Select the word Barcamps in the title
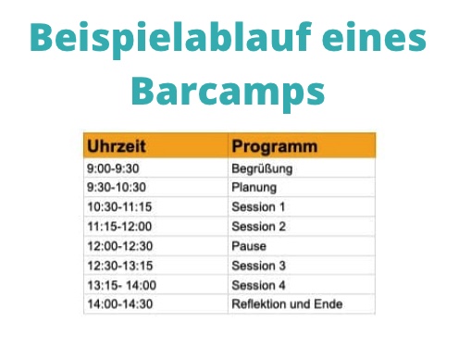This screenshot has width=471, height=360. [x=228, y=92]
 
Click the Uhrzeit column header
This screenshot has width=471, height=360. [x=117, y=146]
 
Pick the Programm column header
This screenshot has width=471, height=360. [x=275, y=146]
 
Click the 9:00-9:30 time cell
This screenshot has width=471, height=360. [x=111, y=168]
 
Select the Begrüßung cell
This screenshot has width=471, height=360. [x=261, y=168]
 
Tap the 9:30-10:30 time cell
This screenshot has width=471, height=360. [x=115, y=188]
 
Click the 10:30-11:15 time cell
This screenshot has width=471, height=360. [x=120, y=207]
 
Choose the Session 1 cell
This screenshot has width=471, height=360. [x=258, y=207]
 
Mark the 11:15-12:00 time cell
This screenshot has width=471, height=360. [x=120, y=227]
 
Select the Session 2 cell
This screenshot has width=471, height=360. [x=258, y=227]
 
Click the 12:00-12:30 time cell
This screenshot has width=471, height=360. [x=120, y=246]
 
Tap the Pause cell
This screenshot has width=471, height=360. [x=248, y=246]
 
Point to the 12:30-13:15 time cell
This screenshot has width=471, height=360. [x=120, y=266]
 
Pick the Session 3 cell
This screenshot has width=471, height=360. [x=258, y=266]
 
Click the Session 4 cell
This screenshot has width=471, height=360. [x=258, y=285]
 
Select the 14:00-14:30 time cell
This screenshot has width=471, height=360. [x=120, y=304]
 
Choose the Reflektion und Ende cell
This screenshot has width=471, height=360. [x=286, y=304]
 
